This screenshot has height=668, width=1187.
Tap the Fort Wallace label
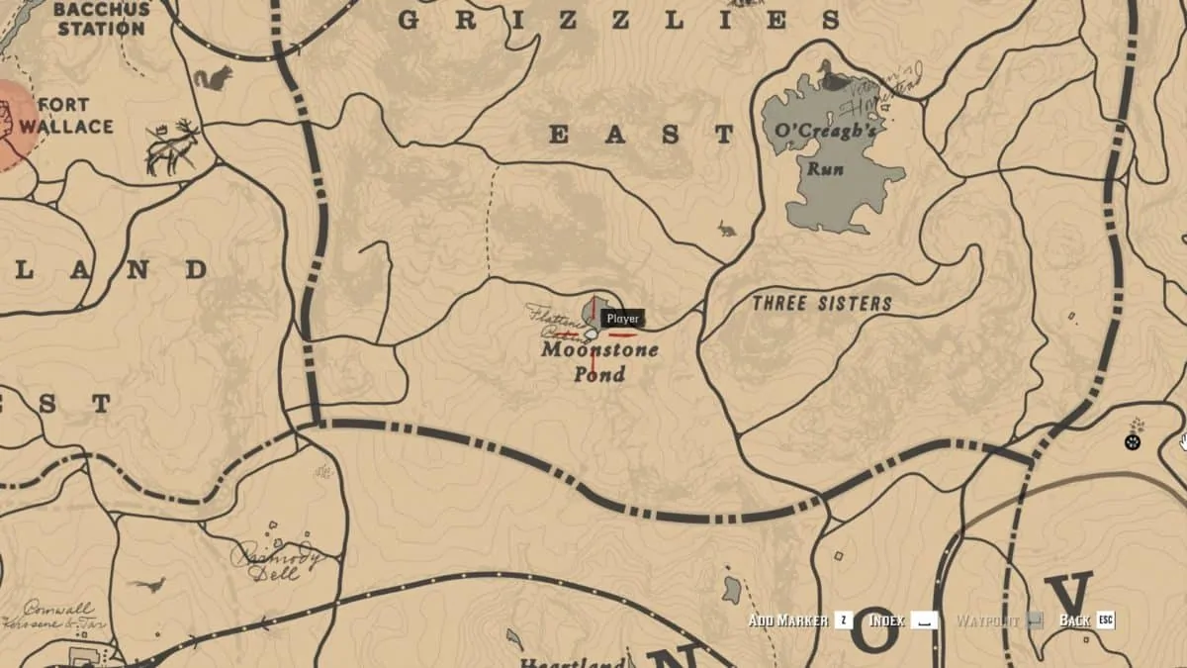65,115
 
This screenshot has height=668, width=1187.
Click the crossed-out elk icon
173,147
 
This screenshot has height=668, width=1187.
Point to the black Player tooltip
623,319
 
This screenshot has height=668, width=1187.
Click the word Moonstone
599,350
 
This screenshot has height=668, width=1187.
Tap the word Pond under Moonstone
599,375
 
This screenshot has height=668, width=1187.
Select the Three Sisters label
822,304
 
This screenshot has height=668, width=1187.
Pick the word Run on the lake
825,168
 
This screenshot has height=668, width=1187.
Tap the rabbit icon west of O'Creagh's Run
727,230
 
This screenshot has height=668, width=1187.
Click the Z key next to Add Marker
843,620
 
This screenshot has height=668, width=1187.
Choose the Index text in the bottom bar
886,620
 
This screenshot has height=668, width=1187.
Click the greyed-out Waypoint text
987,620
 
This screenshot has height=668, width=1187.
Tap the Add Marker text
787,620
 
